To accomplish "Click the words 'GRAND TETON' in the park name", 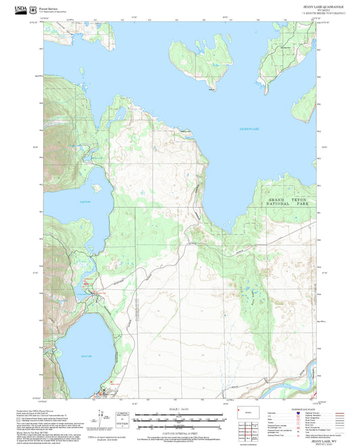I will [x=278, y=202].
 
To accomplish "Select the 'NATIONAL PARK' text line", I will [x=278, y=208].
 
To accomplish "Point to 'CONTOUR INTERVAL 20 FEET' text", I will [x=179, y=433].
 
